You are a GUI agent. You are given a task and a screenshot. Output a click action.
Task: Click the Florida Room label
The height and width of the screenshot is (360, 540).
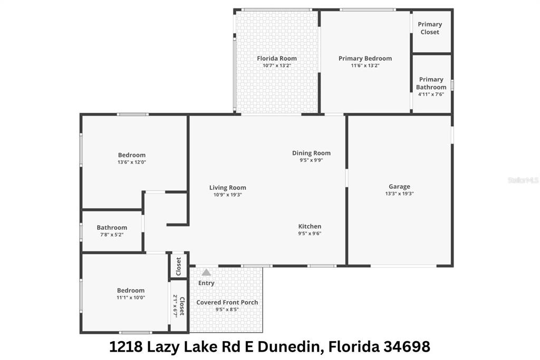[x=277, y=59]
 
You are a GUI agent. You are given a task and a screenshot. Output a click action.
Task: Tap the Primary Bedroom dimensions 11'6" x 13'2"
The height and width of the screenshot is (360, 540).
[x=365, y=66]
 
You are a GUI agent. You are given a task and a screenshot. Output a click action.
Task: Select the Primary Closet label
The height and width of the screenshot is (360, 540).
[x=430, y=28]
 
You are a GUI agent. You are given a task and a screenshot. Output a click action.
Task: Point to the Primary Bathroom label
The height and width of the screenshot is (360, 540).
[x=431, y=83]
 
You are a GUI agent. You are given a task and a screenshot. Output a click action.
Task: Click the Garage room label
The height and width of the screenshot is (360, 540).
[x=399, y=187]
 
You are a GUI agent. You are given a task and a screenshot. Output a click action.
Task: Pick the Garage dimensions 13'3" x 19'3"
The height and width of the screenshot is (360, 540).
[x=399, y=194]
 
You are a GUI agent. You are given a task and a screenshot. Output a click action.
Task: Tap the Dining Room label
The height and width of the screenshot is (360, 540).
[x=311, y=153]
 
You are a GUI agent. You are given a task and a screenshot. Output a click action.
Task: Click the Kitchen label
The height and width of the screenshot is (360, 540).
[x=310, y=226]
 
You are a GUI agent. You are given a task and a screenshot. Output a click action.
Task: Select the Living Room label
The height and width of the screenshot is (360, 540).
[x=227, y=188]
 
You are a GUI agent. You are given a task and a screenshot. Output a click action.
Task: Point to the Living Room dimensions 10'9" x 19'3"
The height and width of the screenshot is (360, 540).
[x=227, y=195]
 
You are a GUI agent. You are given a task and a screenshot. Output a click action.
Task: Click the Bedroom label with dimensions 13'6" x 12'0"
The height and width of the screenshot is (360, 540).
[x=131, y=155]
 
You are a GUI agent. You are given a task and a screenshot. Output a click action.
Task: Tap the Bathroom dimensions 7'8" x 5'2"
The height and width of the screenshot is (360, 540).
[x=112, y=235]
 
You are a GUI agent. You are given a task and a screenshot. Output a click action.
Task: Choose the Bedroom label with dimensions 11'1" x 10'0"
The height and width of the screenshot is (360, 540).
[x=131, y=290]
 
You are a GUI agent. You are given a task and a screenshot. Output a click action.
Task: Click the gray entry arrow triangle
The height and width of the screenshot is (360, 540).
[x=206, y=273]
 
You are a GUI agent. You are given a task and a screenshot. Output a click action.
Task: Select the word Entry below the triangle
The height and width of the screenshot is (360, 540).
[x=206, y=283]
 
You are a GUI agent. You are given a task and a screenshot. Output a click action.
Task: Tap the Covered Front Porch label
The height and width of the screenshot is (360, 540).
[x=227, y=303]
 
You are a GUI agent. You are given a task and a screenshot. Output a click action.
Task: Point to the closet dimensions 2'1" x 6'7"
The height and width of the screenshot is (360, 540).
[x=176, y=305]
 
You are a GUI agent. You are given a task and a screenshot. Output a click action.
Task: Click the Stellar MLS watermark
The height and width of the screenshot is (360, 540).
[x=523, y=180]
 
